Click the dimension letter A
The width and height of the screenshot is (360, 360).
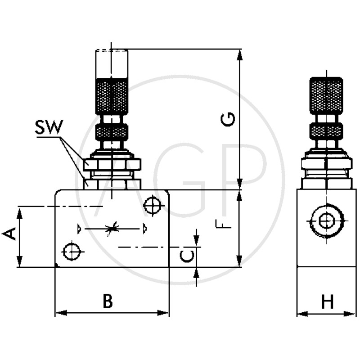tap(10, 234)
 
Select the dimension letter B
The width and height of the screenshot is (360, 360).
tap(107, 301)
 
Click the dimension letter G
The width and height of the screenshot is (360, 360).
tap(229, 120)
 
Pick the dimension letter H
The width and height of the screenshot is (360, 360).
tap(327, 301)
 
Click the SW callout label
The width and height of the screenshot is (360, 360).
tap(49, 127)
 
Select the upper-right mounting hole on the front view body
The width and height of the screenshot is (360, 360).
tap(153, 206)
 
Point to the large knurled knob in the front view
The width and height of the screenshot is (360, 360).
tap(112, 96)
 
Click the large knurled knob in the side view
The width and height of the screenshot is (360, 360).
tap(326, 95)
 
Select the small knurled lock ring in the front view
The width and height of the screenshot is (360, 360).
tap(112, 131)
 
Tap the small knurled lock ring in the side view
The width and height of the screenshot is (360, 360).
tap(326, 131)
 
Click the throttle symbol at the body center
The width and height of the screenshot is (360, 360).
tap(112, 229)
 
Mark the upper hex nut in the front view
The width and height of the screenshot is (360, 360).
tap(112, 164)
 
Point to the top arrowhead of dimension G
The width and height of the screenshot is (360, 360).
tap(239, 54)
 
